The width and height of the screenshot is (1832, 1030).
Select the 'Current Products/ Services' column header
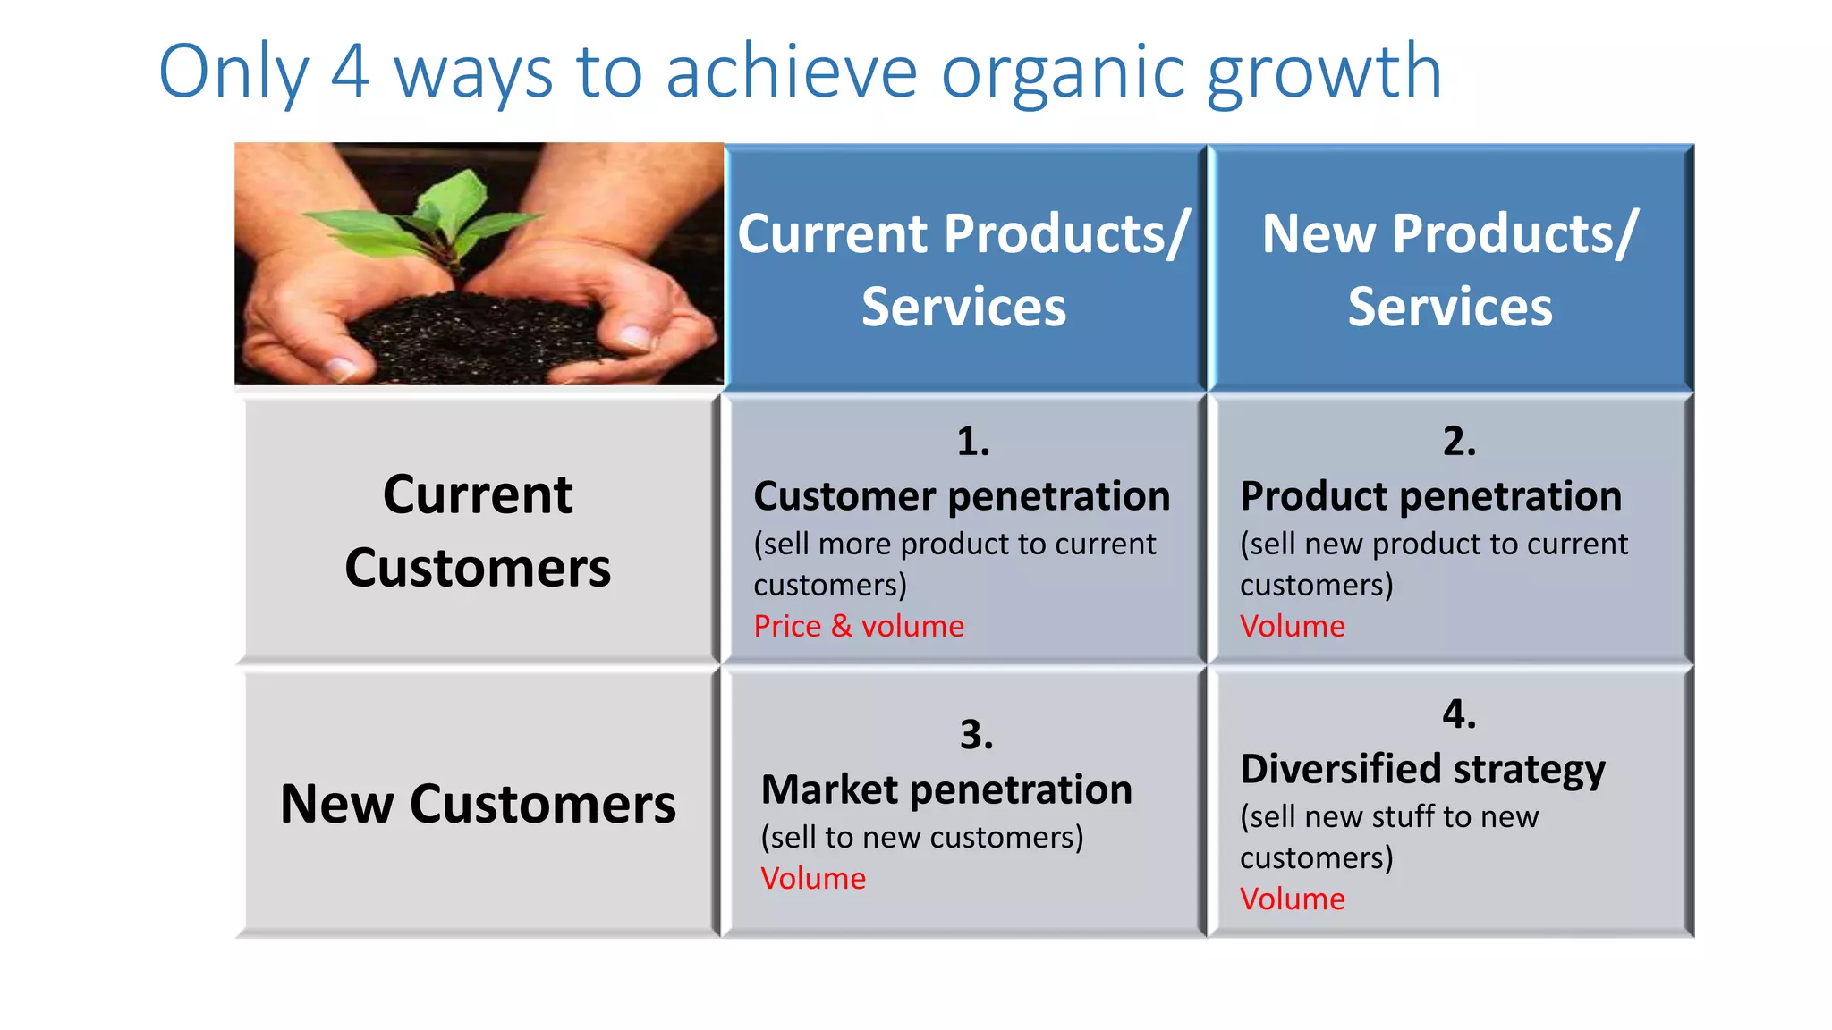point(963,268)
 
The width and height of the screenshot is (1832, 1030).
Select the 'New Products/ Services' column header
point(1449,268)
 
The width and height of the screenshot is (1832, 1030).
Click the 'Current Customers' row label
point(478,531)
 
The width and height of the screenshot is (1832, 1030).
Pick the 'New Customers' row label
point(478,804)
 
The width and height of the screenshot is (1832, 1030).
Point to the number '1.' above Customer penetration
point(972,442)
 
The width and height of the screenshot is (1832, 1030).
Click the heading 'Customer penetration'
point(962,496)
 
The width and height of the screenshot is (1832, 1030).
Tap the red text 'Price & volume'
point(859,626)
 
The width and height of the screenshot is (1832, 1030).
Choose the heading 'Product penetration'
point(1430,496)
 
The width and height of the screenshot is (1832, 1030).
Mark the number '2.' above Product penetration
point(1459,442)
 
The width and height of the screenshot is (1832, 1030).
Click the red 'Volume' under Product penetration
point(1292,626)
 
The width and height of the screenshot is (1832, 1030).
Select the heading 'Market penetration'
point(946,790)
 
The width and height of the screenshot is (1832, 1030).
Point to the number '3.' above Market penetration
point(976,735)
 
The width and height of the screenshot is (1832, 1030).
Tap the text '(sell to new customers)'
point(922,838)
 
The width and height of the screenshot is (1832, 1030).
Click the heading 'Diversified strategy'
point(1422,770)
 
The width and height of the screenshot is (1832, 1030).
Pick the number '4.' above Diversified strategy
point(1459,714)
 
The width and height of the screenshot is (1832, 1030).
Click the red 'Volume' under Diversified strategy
point(1292,899)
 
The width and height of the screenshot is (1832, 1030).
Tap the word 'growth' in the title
point(1324,73)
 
